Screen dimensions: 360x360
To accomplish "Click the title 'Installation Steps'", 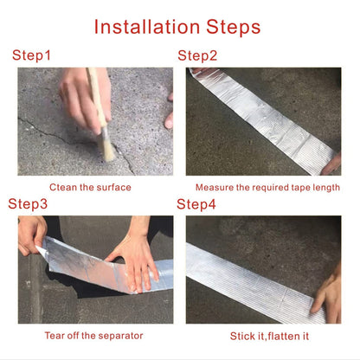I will tap(177, 27).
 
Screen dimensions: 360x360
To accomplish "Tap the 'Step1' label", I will tap(32, 56).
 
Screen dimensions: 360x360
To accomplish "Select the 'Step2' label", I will tap(197, 56).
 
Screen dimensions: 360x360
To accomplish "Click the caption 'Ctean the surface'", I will tap(90, 187).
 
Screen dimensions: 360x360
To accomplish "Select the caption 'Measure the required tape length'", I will tap(267, 187).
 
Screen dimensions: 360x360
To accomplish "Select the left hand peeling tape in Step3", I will tap(30, 234).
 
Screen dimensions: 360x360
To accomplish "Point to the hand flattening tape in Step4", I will tap(329, 294).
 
